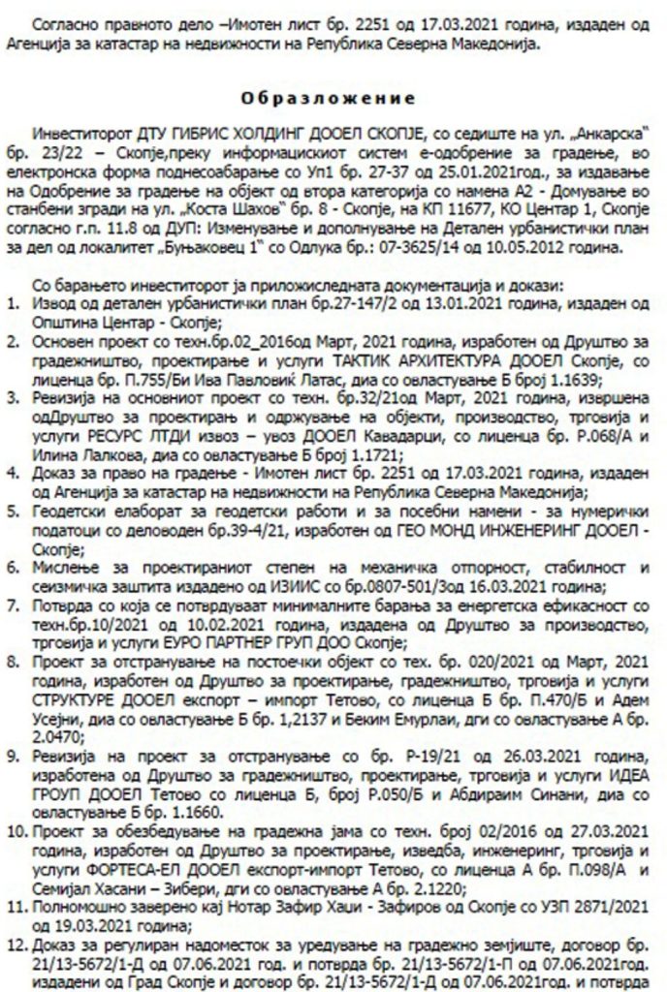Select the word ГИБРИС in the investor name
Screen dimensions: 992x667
(188, 132)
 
